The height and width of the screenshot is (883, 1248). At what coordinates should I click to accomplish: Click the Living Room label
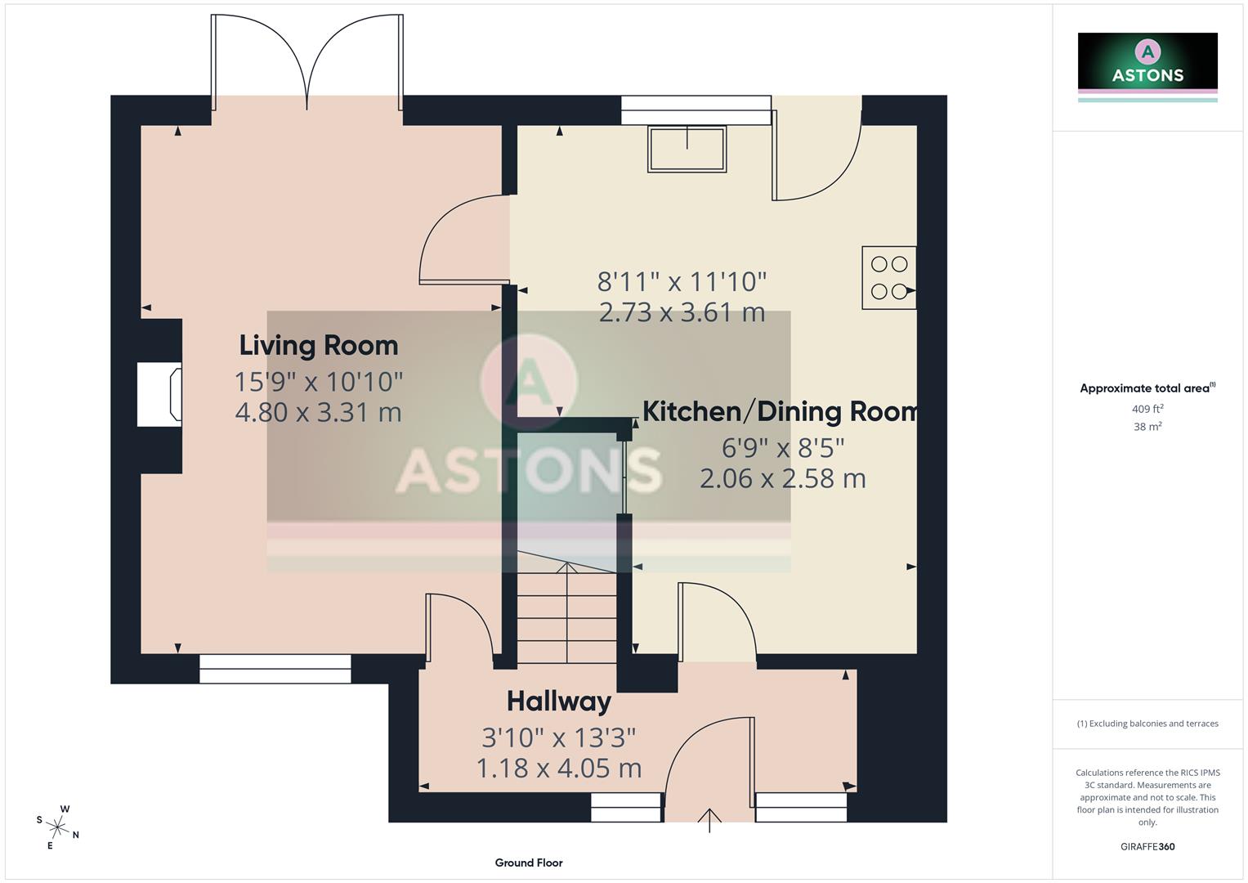coord(318,345)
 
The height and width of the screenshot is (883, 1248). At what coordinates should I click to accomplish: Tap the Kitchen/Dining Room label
coord(781,411)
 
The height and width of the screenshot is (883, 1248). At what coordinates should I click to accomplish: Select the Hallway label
coord(558,701)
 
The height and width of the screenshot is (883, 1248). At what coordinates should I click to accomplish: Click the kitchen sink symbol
coord(687,149)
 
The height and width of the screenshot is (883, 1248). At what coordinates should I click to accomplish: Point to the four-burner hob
coord(888,278)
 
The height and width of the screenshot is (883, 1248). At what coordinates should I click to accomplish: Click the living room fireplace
coord(160,396)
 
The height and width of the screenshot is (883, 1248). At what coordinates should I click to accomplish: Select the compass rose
coord(57,827)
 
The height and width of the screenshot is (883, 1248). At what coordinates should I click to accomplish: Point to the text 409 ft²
coord(1147,409)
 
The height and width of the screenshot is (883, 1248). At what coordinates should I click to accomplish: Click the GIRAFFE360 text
coord(1147,846)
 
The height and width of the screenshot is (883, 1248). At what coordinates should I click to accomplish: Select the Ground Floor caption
coord(528,863)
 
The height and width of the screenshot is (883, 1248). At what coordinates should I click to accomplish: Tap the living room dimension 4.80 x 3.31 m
coord(318,412)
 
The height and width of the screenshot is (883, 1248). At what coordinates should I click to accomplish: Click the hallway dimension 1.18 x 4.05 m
coord(558,769)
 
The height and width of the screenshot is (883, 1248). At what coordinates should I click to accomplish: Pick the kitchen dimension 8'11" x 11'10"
coord(682,282)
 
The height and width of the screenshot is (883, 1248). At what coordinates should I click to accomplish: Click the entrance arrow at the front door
coord(709,819)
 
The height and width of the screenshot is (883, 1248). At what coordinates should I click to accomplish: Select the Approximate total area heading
coord(1147,388)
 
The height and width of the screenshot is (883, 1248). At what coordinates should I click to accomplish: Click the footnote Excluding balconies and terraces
coord(1147,724)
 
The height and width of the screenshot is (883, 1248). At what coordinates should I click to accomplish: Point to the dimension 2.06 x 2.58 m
coord(782,478)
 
